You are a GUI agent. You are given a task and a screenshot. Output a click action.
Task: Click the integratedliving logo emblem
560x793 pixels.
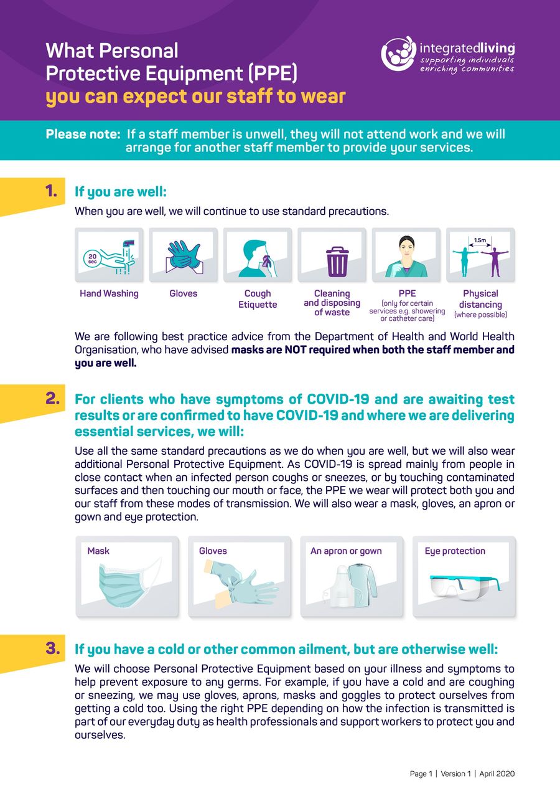tap(398, 54)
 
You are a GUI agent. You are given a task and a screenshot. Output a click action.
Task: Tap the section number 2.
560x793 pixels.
tap(52, 397)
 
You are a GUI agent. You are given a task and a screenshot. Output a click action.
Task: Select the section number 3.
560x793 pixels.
tap(52, 648)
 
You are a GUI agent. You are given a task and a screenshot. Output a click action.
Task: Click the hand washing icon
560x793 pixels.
tap(109, 255)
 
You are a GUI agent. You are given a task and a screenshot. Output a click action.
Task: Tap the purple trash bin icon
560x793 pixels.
tap(337, 261)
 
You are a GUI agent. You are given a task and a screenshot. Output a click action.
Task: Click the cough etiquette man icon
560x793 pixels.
tap(256, 257)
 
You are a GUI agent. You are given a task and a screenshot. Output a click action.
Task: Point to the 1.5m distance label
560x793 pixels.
tap(480, 239)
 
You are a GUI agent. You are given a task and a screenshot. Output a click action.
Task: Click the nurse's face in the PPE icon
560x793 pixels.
tap(406, 247)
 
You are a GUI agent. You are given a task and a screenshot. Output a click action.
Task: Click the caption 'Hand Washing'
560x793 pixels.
tap(109, 293)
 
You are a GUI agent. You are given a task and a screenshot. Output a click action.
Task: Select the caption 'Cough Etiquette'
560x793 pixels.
tap(258, 299)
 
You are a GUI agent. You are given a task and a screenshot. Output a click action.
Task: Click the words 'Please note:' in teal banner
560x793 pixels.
tap(83, 134)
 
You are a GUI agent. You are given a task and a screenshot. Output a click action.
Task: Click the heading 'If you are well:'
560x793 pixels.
tap(121, 192)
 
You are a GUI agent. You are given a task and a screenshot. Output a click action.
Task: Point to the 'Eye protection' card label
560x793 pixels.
tap(455, 551)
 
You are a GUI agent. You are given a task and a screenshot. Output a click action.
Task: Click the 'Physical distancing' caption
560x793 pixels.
tap(480, 299)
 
